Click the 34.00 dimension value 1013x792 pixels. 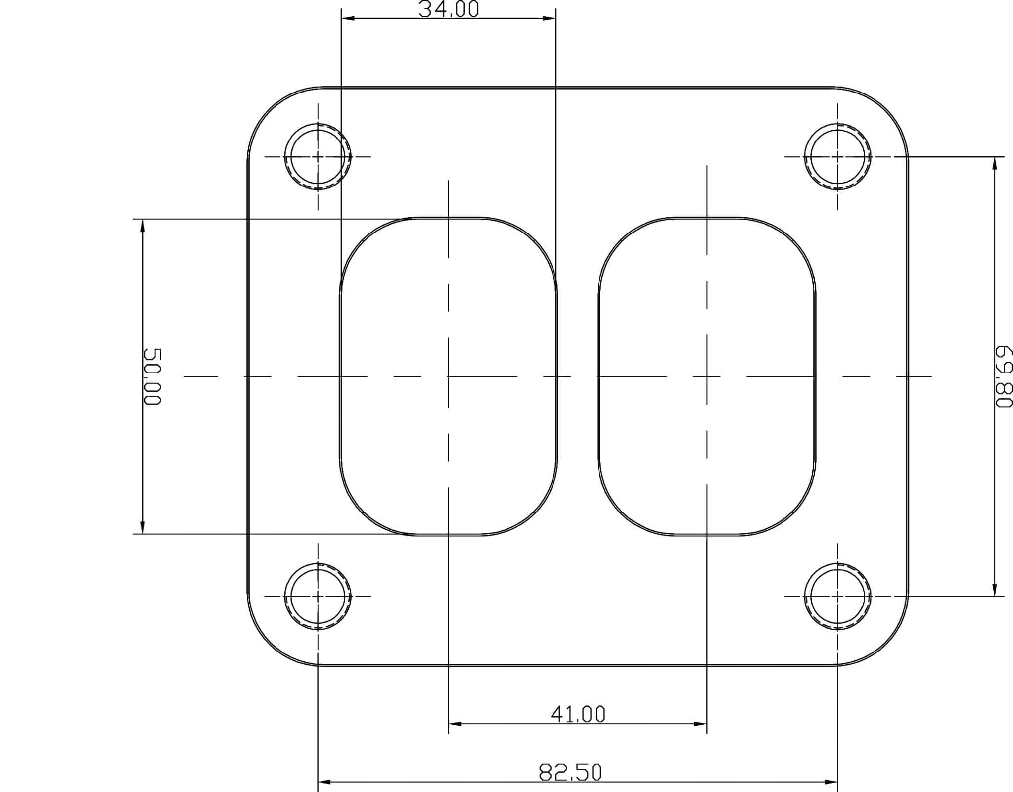click(x=449, y=9)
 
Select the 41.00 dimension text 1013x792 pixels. click(x=578, y=714)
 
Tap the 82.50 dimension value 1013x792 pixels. click(x=570, y=772)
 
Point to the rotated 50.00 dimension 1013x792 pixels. click(x=152, y=376)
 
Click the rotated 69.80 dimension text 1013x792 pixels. click(x=1004, y=376)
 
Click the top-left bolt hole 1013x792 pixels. click(x=318, y=156)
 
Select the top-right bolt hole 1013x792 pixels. click(x=837, y=156)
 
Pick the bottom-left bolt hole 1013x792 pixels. click(x=318, y=596)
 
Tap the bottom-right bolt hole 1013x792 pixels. click(x=837, y=596)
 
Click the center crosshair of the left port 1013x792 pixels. click(x=449, y=376)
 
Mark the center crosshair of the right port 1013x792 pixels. click(x=707, y=376)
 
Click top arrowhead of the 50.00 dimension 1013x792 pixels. click(x=143, y=226)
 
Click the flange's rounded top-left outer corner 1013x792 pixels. click(x=269, y=108)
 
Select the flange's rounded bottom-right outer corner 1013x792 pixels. click(x=887, y=644)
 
